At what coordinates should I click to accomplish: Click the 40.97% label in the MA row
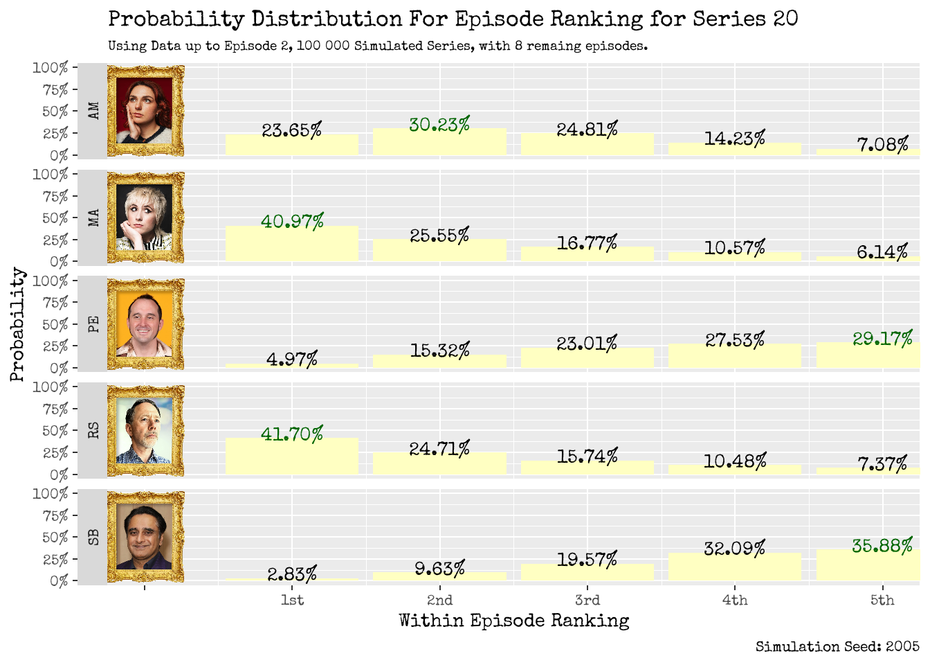tap(292, 222)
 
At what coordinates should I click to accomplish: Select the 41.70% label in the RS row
tap(292, 434)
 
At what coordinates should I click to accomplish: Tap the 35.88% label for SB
tap(882, 546)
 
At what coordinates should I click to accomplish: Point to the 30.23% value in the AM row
tap(439, 125)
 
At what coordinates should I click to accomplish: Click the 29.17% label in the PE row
tap(882, 339)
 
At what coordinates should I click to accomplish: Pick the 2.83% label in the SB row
tap(292, 574)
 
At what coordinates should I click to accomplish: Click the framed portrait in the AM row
tap(145, 111)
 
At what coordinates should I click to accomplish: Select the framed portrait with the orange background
tap(145, 324)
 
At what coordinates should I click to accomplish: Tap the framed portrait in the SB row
tap(145, 537)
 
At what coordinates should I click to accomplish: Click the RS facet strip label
tap(93, 430)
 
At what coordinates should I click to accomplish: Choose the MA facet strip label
tap(93, 218)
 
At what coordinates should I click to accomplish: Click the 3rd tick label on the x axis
tap(587, 600)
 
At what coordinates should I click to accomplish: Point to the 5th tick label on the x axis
tap(882, 600)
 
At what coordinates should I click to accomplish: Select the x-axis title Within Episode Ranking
tap(513, 621)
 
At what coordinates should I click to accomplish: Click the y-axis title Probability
tap(17, 324)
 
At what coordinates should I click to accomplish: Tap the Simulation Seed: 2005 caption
tap(837, 646)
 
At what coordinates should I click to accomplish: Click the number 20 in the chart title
tap(785, 19)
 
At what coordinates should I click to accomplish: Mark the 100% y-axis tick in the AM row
tap(51, 68)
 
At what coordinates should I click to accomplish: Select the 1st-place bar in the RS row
tap(292, 457)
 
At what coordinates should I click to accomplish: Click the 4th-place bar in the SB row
tap(734, 567)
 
